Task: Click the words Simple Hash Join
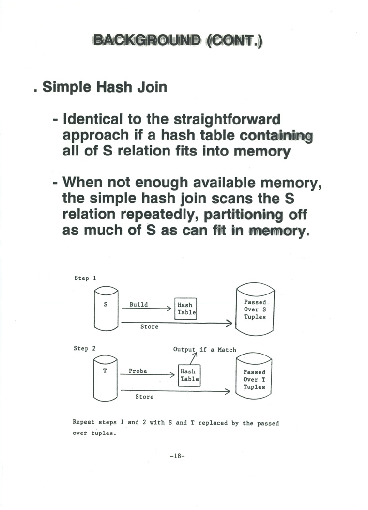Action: pos(105,87)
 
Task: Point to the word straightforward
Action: pos(227,119)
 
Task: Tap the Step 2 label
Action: pos(84,349)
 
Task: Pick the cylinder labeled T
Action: pos(105,378)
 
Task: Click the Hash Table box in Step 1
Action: pos(185,309)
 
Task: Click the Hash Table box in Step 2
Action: pos(189,375)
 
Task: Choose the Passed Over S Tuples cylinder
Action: pos(255,309)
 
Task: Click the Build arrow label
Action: pos(138,305)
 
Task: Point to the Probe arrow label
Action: pos(138,371)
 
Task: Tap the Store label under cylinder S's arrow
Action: pos(149,327)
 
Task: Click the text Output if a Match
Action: pos(204,349)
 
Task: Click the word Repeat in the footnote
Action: pos(83,423)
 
